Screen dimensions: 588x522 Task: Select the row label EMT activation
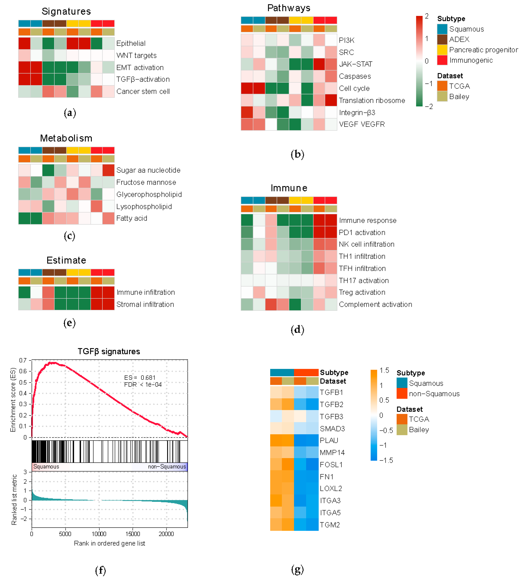tap(140, 68)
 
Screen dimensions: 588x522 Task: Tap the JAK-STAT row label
tap(355, 64)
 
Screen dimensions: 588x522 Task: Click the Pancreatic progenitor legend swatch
tap(442, 50)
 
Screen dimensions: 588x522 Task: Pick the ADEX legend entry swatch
tap(442, 39)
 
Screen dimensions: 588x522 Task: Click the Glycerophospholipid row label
tap(149, 195)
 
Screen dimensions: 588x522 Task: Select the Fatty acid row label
tap(131, 218)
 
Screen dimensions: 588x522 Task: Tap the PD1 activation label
tap(362, 232)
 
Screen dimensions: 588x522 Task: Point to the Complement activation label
tap(375, 304)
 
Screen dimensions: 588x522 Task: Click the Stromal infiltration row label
tap(145, 304)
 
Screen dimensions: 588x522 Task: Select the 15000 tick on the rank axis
tap(133, 534)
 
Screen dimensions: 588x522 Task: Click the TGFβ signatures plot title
tap(109, 352)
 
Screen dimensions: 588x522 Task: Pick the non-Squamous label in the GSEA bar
tap(167, 467)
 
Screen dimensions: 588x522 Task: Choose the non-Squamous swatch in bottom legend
tap(402, 393)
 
